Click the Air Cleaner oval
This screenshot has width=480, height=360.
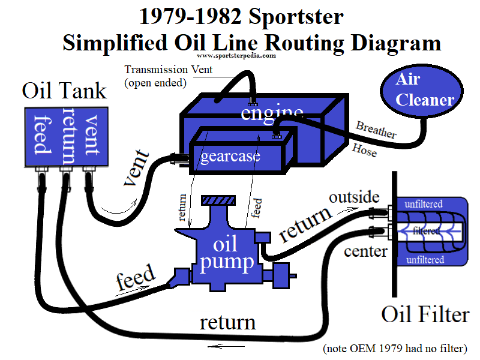[x=424, y=90]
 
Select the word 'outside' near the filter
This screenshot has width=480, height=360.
[x=353, y=197]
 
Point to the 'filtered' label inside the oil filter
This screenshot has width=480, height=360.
[x=430, y=230]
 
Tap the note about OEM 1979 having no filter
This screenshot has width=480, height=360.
[x=394, y=348]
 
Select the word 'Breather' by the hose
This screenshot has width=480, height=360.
[x=376, y=130]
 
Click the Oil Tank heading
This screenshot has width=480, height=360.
[x=64, y=91]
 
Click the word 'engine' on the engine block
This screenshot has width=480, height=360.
[x=271, y=113]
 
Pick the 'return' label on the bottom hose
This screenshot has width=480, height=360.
[x=227, y=322]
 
